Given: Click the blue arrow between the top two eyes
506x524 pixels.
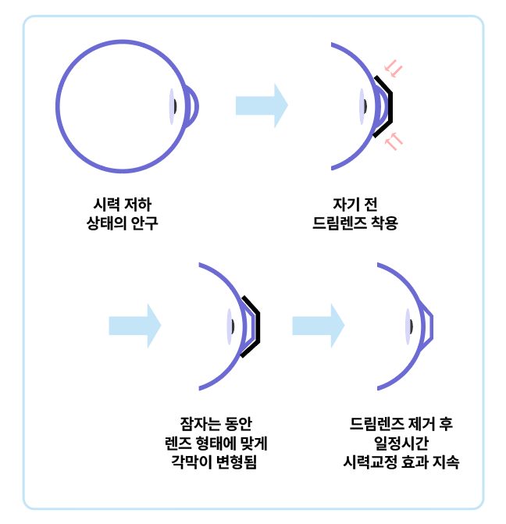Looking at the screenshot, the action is tap(262, 105).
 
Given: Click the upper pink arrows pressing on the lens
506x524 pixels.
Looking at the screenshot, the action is tap(394, 71).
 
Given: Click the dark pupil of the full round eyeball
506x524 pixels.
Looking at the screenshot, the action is tap(176, 105).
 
